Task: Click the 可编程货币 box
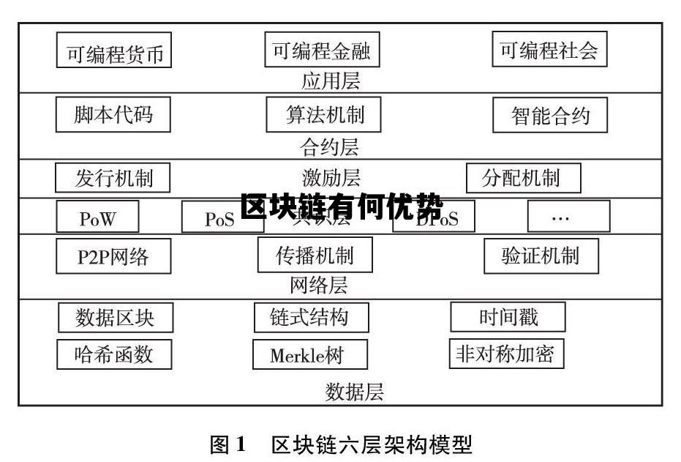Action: [x=114, y=51]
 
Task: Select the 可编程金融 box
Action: [x=322, y=50]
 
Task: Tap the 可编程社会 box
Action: [x=549, y=49]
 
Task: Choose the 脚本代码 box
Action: [x=113, y=114]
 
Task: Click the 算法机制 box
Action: [x=323, y=114]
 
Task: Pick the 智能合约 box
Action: [x=550, y=116]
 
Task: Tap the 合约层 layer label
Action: [x=330, y=147]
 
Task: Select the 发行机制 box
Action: [x=113, y=178]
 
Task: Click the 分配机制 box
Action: [x=523, y=178]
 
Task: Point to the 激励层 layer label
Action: [x=331, y=178]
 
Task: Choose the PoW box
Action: [x=97, y=217]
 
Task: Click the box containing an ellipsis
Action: [x=568, y=216]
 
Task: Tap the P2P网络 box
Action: [x=113, y=256]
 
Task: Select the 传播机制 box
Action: [x=315, y=255]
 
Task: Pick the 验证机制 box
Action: [x=541, y=256]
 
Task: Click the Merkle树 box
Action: [x=309, y=355]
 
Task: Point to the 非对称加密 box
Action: [x=505, y=354]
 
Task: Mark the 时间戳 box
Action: [x=508, y=317]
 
